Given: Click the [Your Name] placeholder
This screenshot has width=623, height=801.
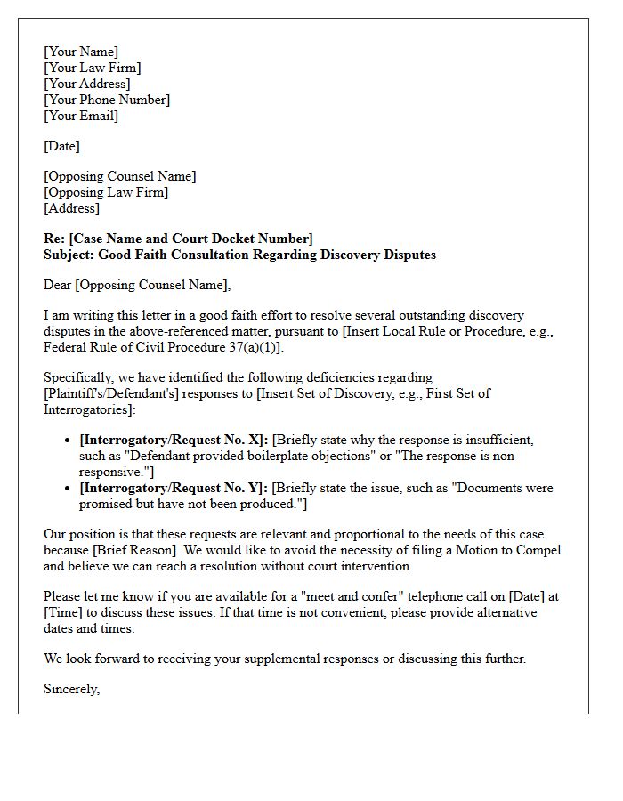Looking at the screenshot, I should point(81,52).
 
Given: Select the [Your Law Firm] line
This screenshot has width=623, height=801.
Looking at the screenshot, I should point(92,68).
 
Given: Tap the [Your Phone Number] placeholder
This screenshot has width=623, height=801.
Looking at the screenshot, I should point(107,100).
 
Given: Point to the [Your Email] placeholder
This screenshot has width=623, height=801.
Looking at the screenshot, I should point(81,116).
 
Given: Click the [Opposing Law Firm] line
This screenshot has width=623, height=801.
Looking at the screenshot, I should point(106,192).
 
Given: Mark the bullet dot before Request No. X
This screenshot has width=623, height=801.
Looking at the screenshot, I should point(69,441).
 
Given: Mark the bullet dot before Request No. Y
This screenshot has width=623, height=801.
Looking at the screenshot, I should point(69,489).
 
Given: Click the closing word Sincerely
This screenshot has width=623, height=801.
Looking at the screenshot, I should point(71,689).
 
